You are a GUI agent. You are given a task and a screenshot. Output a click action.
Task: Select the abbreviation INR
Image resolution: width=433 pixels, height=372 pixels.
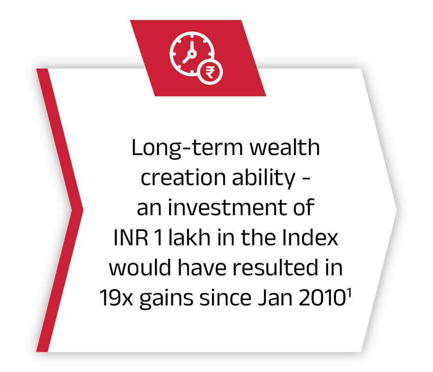point(131,238)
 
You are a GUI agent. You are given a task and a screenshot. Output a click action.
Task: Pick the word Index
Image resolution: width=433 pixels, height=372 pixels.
point(310,237)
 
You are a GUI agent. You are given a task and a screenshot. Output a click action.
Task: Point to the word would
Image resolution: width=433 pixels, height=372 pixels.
point(140,267)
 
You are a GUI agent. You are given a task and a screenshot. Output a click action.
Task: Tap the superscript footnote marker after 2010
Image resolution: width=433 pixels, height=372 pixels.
point(349,293)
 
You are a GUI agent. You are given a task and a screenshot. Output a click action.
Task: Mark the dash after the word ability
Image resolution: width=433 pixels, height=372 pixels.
point(306,180)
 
